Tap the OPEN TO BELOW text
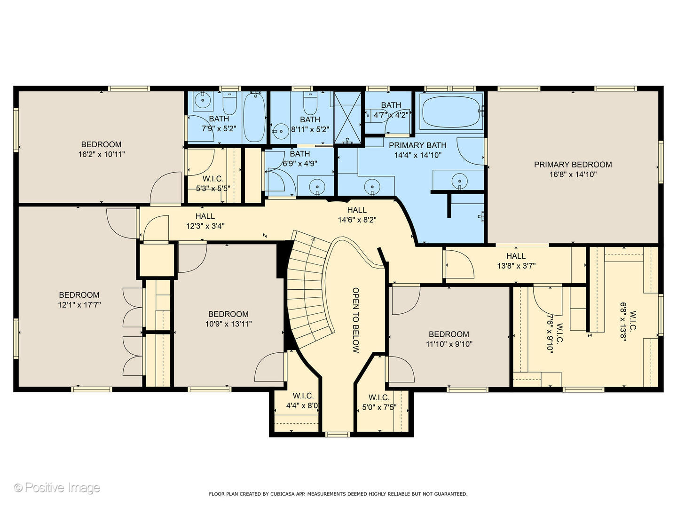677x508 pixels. click(355, 320)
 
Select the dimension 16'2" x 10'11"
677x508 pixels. click(102, 154)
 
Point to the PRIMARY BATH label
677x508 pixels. click(417, 145)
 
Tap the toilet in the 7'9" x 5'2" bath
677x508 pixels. click(229, 103)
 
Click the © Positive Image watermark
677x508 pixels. click(57, 488)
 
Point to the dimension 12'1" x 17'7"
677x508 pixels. click(79, 305)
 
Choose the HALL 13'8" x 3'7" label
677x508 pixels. click(516, 261)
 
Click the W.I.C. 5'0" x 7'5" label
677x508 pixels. click(379, 403)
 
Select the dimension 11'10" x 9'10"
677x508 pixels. click(449, 344)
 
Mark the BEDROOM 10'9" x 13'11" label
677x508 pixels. click(228, 319)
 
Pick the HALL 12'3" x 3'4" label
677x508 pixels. click(205, 221)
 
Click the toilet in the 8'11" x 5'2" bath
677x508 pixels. click(310, 103)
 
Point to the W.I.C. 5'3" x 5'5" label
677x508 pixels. click(213, 183)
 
